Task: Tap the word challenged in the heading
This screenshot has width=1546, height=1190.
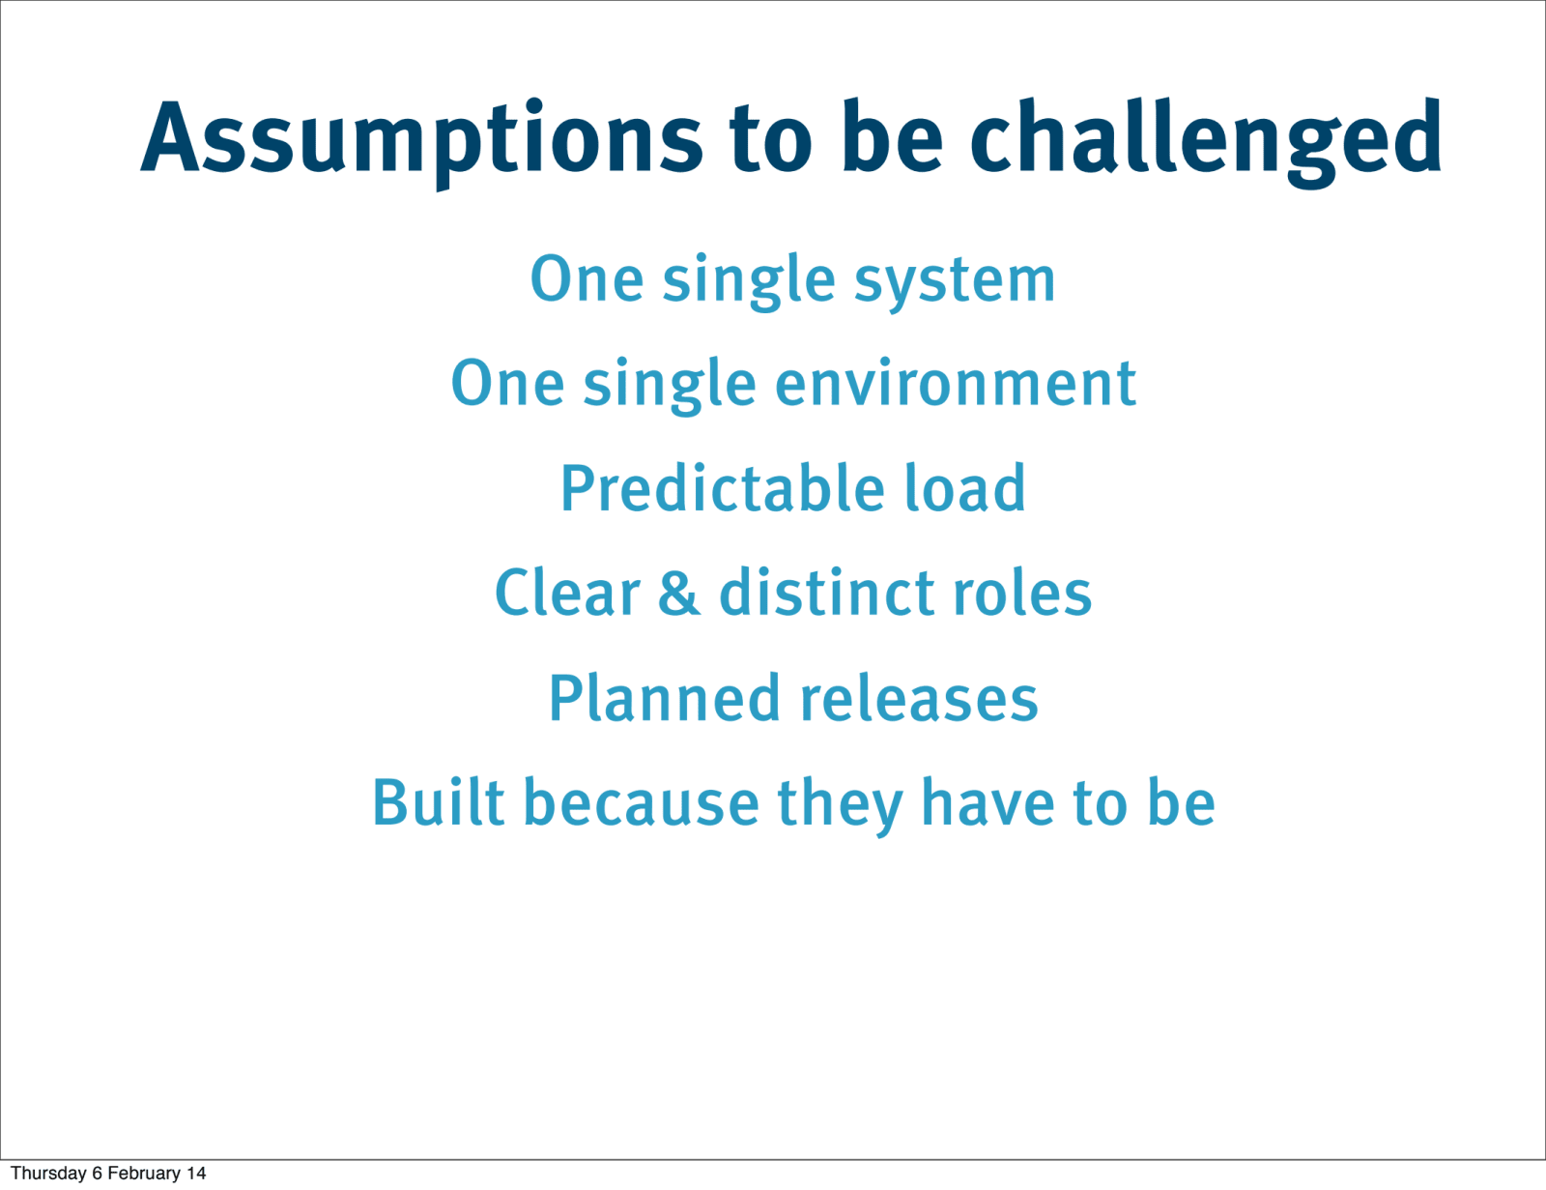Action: tap(1206, 139)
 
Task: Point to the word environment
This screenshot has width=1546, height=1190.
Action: tap(956, 385)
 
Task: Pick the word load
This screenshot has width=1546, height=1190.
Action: tap(964, 487)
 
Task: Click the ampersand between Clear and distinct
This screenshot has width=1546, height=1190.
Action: tap(678, 593)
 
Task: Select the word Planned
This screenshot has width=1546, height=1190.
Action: tap(665, 698)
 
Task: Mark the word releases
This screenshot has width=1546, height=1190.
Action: tap(919, 698)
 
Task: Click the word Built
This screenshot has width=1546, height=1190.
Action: tap(439, 802)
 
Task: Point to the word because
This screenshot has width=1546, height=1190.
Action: tap(642, 802)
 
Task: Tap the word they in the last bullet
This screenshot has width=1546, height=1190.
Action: tap(841, 806)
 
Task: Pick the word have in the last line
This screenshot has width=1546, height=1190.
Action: tap(988, 802)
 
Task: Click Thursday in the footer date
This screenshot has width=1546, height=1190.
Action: tap(48, 1173)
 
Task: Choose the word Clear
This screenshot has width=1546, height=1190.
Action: tap(567, 593)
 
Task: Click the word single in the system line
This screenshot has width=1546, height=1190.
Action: tap(749, 281)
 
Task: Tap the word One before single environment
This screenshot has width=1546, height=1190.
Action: tap(508, 385)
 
